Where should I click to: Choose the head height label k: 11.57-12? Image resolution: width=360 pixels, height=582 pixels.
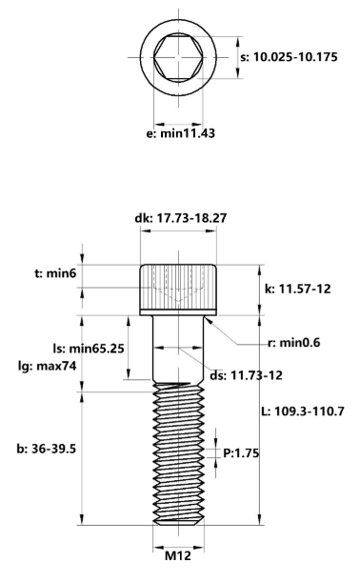(x=294, y=288)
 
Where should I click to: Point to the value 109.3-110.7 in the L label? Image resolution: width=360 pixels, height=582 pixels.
(x=316, y=411)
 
